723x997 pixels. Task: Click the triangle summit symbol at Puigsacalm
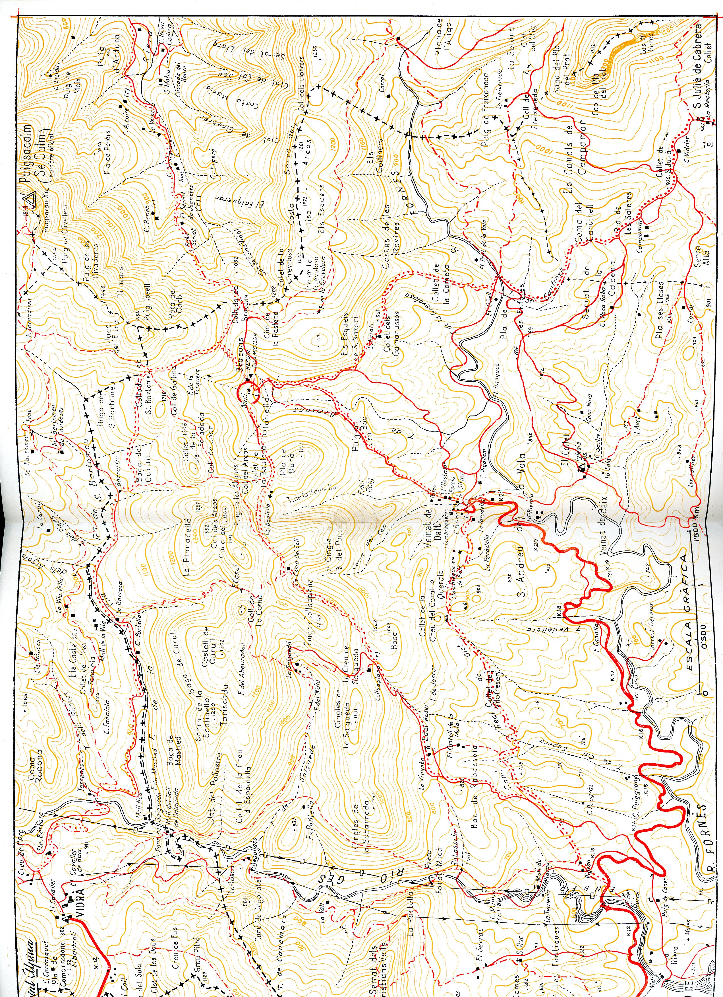[30, 200]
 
